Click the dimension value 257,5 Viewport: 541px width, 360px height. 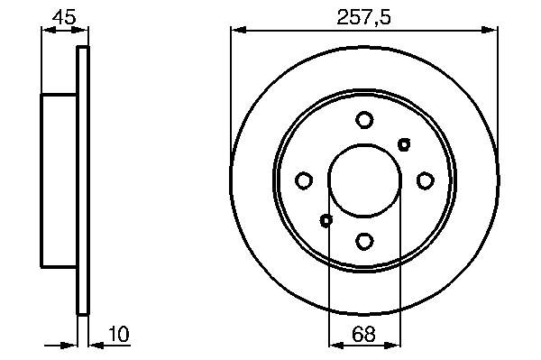[363, 18]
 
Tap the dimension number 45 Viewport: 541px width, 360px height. [64, 16]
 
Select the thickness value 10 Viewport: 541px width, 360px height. [119, 334]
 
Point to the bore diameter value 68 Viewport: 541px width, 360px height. [363, 334]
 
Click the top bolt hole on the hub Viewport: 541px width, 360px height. [364, 120]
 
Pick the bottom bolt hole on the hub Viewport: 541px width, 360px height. [364, 241]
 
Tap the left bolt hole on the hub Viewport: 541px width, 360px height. [304, 180]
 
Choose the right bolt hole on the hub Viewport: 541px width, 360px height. [426, 180]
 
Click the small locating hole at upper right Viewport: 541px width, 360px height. [404, 144]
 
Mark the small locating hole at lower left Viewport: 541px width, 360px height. [326, 220]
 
